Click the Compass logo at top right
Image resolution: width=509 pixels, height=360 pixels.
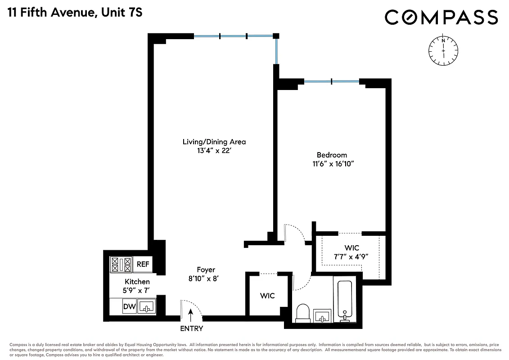pos(441,18)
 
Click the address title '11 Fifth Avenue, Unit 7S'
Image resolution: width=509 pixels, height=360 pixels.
pos(75,12)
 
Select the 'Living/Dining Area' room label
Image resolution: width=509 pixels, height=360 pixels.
pos(214,142)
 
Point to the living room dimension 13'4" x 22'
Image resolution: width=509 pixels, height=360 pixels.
pos(214,151)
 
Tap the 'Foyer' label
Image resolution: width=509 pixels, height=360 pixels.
pos(206,270)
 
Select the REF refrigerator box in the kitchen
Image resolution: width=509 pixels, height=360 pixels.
pos(143,265)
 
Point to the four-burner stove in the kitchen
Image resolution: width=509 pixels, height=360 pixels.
pos(121,264)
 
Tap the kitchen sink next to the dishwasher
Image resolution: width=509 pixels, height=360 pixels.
pos(146,307)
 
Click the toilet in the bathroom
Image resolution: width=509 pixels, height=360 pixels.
pos(302,313)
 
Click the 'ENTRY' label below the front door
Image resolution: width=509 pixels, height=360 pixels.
pos(191,328)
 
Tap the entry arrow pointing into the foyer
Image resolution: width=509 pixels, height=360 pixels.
pos(191,313)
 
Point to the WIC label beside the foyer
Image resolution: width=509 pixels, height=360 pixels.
pos(267,296)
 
